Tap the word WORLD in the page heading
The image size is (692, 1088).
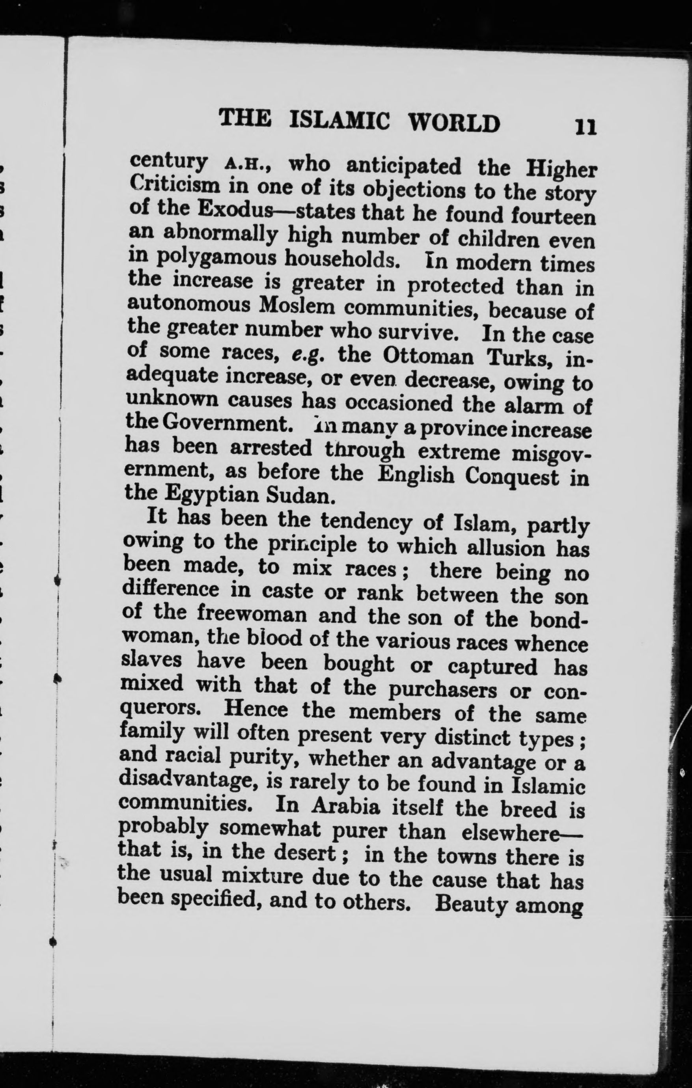(x=455, y=123)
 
